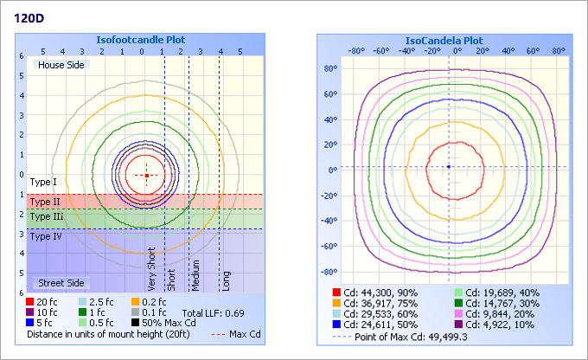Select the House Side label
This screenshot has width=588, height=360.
point(61,65)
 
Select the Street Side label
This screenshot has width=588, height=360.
point(60,283)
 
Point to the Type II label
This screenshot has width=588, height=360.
point(44,200)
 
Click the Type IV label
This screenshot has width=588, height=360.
point(45,235)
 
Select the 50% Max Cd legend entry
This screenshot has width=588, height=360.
point(160,322)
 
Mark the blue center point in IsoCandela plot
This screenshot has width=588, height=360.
point(448,166)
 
